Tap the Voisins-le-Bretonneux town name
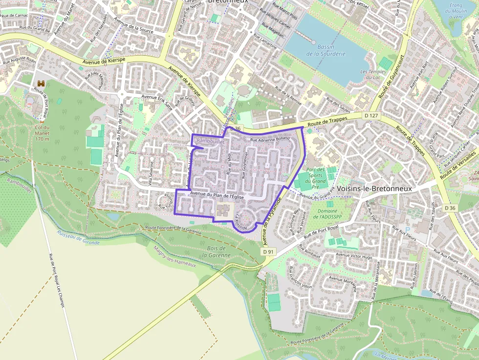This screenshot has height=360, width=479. (x=374, y=189)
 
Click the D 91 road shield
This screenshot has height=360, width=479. (x=267, y=252)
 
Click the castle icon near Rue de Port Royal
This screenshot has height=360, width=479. (x=40, y=85)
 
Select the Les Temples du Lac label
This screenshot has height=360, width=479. (x=373, y=74)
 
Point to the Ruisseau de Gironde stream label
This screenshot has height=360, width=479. (x=78, y=238)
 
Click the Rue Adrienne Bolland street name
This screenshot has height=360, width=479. (x=270, y=140)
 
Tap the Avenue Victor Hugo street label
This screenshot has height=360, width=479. (x=354, y=256)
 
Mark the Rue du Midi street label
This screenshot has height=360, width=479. (x=229, y=163)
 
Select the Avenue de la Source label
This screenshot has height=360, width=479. (x=133, y=26)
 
